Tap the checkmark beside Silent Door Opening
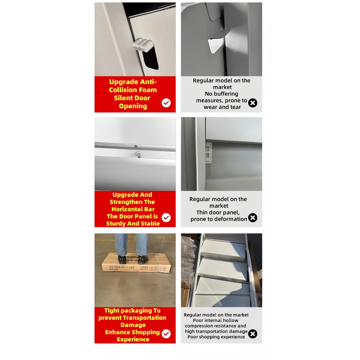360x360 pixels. [166, 103]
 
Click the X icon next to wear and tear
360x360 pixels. [252, 103]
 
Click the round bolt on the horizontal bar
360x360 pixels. [139, 154]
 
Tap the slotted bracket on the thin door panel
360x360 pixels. [208, 152]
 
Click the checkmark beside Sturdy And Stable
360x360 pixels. [166, 218]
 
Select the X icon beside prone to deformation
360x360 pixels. [252, 218]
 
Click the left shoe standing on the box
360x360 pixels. [122, 259]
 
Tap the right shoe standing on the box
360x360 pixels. [142, 259]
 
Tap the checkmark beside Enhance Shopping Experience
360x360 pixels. [166, 334]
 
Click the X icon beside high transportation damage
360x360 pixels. [252, 334]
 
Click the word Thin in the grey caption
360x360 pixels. [202, 212]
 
